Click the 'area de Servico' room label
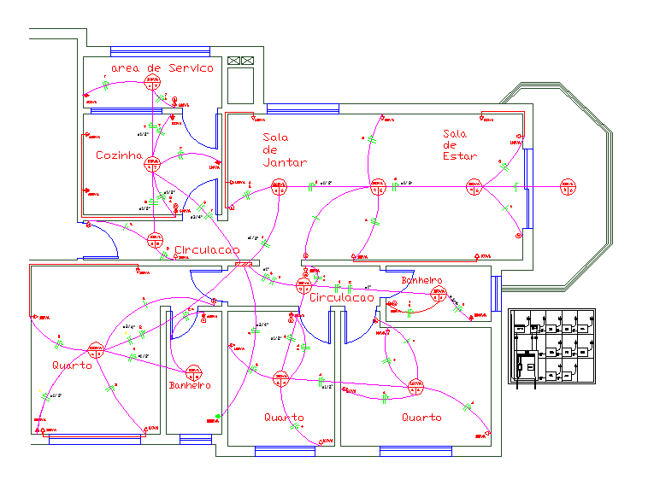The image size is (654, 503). click(x=162, y=67)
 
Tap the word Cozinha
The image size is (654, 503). click(x=118, y=155)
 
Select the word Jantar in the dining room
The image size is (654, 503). click(x=285, y=161)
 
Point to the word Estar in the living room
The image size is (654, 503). click(x=458, y=157)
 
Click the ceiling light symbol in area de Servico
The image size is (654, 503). click(x=153, y=83)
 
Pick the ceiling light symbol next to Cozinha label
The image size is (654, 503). click(x=153, y=163)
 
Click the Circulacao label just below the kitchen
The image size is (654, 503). click(x=207, y=250)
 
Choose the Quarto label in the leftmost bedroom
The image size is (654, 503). click(x=72, y=366)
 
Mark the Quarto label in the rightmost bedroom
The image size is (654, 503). click(x=422, y=418)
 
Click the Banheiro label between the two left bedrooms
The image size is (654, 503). click(x=189, y=386)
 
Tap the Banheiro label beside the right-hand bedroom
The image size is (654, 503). click(x=421, y=280)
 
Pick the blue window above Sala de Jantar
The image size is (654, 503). click(x=303, y=108)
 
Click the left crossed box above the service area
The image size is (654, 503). click(x=233, y=61)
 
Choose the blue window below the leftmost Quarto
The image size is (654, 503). click(x=83, y=439)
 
